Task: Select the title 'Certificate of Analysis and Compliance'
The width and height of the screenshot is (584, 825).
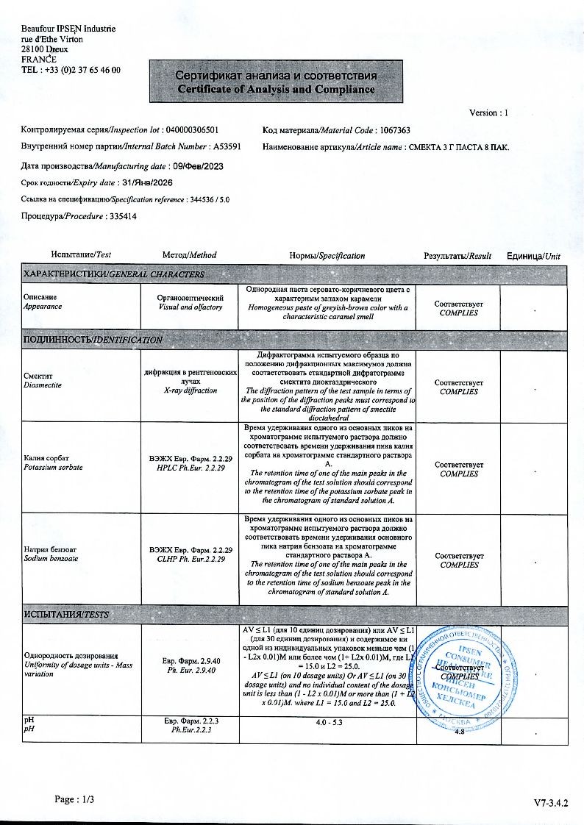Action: click(x=276, y=89)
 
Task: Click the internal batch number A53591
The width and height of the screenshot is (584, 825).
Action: click(x=227, y=147)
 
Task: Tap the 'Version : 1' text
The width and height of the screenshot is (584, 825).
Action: click(x=488, y=113)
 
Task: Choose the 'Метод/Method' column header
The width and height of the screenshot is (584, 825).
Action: click(x=190, y=255)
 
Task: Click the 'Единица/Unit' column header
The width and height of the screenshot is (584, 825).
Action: click(x=533, y=256)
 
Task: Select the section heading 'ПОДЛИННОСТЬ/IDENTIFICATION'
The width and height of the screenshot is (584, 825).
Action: click(x=93, y=340)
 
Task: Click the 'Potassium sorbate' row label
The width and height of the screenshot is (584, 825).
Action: click(x=54, y=468)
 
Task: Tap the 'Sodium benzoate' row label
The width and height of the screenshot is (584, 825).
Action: click(x=51, y=559)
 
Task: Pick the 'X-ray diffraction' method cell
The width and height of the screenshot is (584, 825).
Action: click(x=190, y=390)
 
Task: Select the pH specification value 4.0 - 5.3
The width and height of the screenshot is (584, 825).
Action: click(x=329, y=723)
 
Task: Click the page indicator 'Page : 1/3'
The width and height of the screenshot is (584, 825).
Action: click(x=75, y=799)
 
